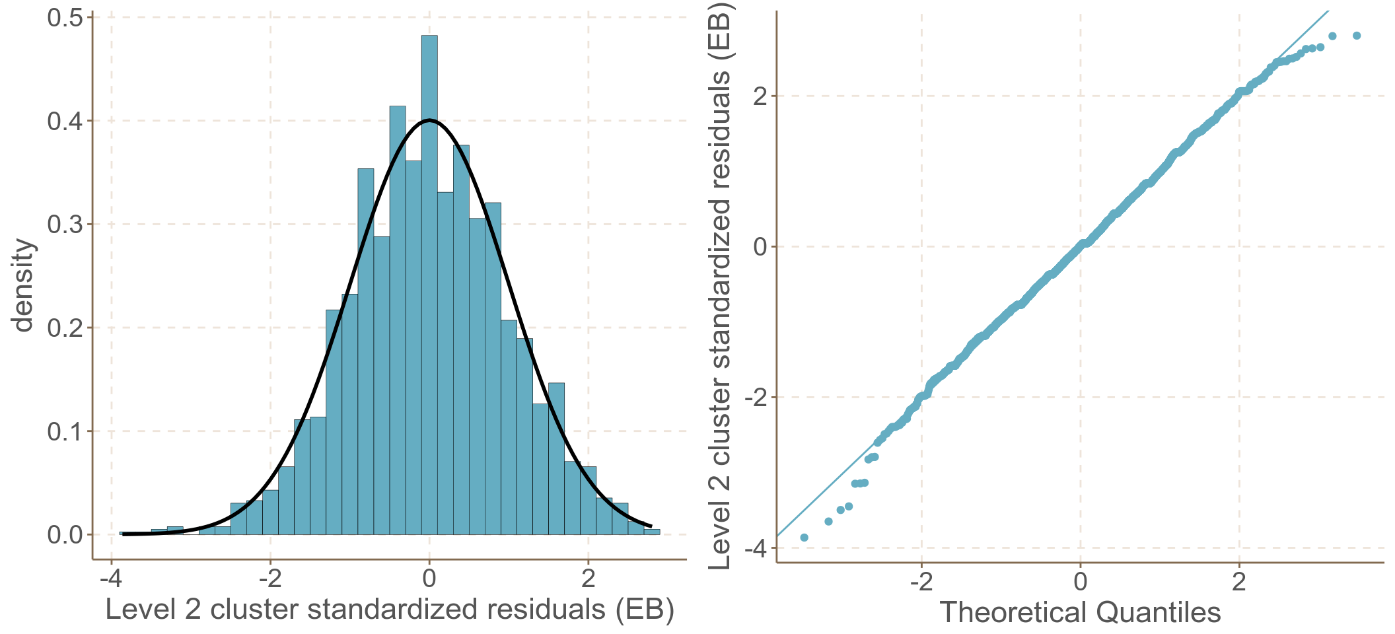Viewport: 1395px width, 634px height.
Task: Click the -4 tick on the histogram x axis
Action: pyautogui.click(x=111, y=579)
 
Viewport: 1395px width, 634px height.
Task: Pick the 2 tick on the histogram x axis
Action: pyautogui.click(x=588, y=579)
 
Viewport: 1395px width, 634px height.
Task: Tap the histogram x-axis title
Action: pyautogui.click(x=390, y=610)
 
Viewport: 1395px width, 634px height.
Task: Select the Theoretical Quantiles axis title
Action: pyautogui.click(x=1080, y=612)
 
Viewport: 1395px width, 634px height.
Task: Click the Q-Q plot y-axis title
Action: pyautogui.click(x=719, y=285)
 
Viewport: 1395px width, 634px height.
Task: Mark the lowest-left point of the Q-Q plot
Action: pyautogui.click(x=804, y=538)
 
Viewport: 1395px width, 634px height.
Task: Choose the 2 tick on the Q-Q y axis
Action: pyautogui.click(x=760, y=96)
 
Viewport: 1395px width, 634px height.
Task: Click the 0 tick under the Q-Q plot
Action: pyautogui.click(x=1080, y=581)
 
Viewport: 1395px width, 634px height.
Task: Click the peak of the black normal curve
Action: pyautogui.click(x=429, y=120)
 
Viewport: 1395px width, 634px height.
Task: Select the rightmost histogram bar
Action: pyautogui.click(x=652, y=532)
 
